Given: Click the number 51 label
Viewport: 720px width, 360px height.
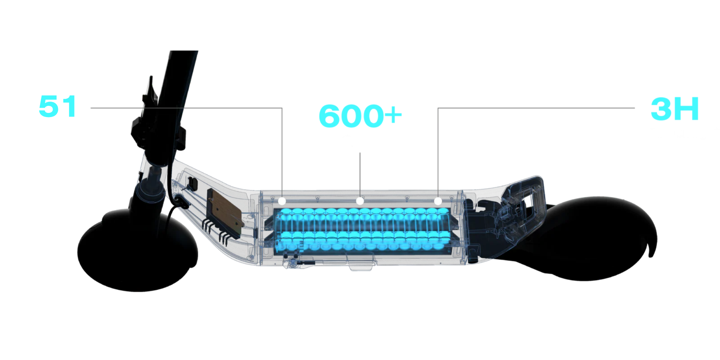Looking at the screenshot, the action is click(x=58, y=106).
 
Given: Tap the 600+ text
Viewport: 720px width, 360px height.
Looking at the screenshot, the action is click(x=360, y=116).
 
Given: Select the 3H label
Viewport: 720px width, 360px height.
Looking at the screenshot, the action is click(x=674, y=109).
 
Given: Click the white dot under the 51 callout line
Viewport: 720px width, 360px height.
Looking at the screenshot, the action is click(x=282, y=201).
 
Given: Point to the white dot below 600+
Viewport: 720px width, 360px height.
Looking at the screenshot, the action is click(x=360, y=201).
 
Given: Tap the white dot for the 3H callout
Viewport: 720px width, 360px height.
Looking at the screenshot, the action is click(x=438, y=201).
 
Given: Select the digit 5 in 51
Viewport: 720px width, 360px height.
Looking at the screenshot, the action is click(x=49, y=106).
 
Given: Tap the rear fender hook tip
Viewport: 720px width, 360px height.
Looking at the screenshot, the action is click(x=651, y=255).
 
